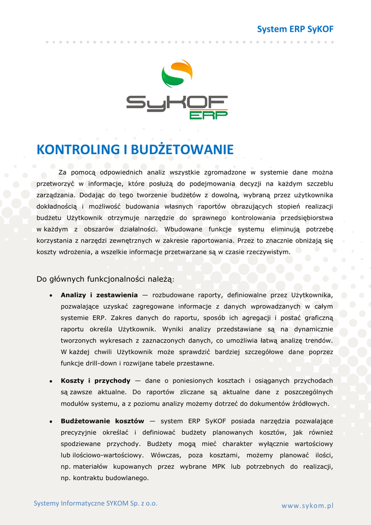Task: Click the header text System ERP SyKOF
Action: (295, 29)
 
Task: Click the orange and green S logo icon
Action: (177, 73)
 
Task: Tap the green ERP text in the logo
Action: (208, 115)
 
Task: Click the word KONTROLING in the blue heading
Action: (78, 150)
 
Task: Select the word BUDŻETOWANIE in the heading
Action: (182, 150)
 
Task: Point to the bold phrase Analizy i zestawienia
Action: (99, 295)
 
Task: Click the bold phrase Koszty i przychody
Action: (96, 380)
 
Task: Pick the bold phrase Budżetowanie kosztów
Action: (102, 421)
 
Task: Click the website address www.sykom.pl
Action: (307, 506)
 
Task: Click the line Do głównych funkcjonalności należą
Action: (105, 279)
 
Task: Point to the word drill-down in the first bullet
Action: (102, 363)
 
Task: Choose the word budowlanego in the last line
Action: (127, 478)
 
